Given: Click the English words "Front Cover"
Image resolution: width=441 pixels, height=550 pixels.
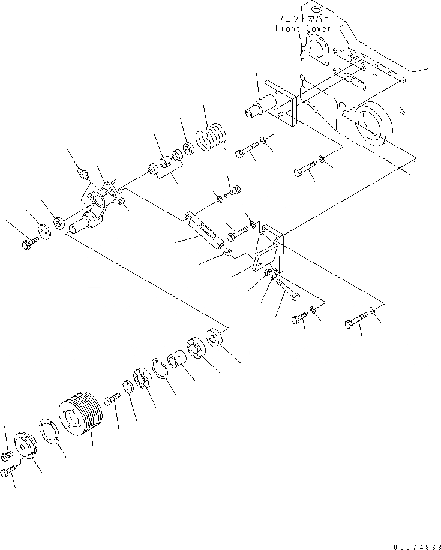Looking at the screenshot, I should (x=302, y=28).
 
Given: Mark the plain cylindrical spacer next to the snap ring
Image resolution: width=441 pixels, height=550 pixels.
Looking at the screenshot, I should (x=178, y=362).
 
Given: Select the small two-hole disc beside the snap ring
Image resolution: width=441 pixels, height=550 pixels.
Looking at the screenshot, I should (x=128, y=387).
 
